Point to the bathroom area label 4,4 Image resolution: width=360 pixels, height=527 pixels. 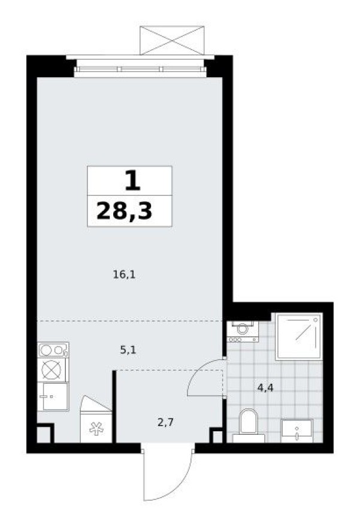point(265,387)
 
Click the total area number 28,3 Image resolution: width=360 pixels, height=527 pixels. point(124,211)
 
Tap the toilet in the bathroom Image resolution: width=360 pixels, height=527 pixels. point(247,424)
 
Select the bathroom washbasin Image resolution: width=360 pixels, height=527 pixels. point(297,431)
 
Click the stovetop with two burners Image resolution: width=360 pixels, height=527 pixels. point(53,350)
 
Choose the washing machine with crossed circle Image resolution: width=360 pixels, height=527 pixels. point(53,371)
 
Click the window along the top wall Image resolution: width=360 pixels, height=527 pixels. point(140,69)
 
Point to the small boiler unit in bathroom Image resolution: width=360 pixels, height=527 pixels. point(243,330)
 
